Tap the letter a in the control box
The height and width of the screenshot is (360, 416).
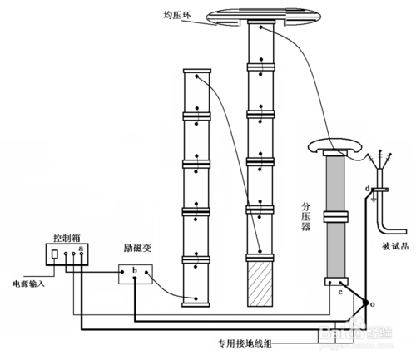(x=81, y=247)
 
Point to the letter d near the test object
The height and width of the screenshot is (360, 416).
(x=367, y=189)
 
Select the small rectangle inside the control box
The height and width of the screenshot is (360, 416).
(x=55, y=254)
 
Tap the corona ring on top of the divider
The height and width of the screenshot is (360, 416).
(x=339, y=146)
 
